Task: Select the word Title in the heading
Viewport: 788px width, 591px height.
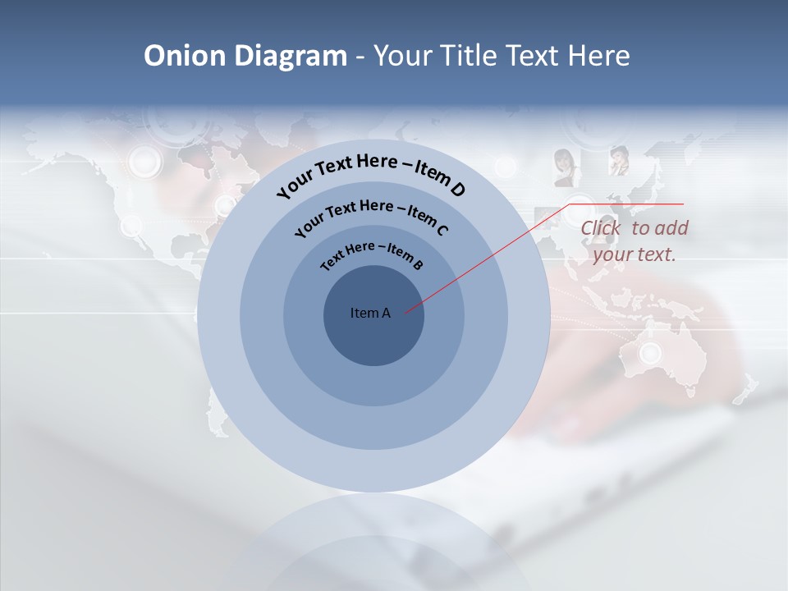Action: [x=470, y=56]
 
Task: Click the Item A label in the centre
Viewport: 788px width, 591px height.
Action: [x=370, y=313]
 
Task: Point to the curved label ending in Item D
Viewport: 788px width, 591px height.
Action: [x=371, y=174]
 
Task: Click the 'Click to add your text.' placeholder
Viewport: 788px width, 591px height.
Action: [x=634, y=241]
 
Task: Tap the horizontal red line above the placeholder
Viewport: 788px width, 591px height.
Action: [x=625, y=204]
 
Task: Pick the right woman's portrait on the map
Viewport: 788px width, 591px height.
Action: [x=617, y=159]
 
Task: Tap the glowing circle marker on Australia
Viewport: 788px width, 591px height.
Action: [x=650, y=354]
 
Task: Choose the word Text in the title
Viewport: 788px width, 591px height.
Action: [x=529, y=56]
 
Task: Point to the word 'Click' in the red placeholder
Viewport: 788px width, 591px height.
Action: [x=601, y=228]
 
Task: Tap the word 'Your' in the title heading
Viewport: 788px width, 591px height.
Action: [x=405, y=56]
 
